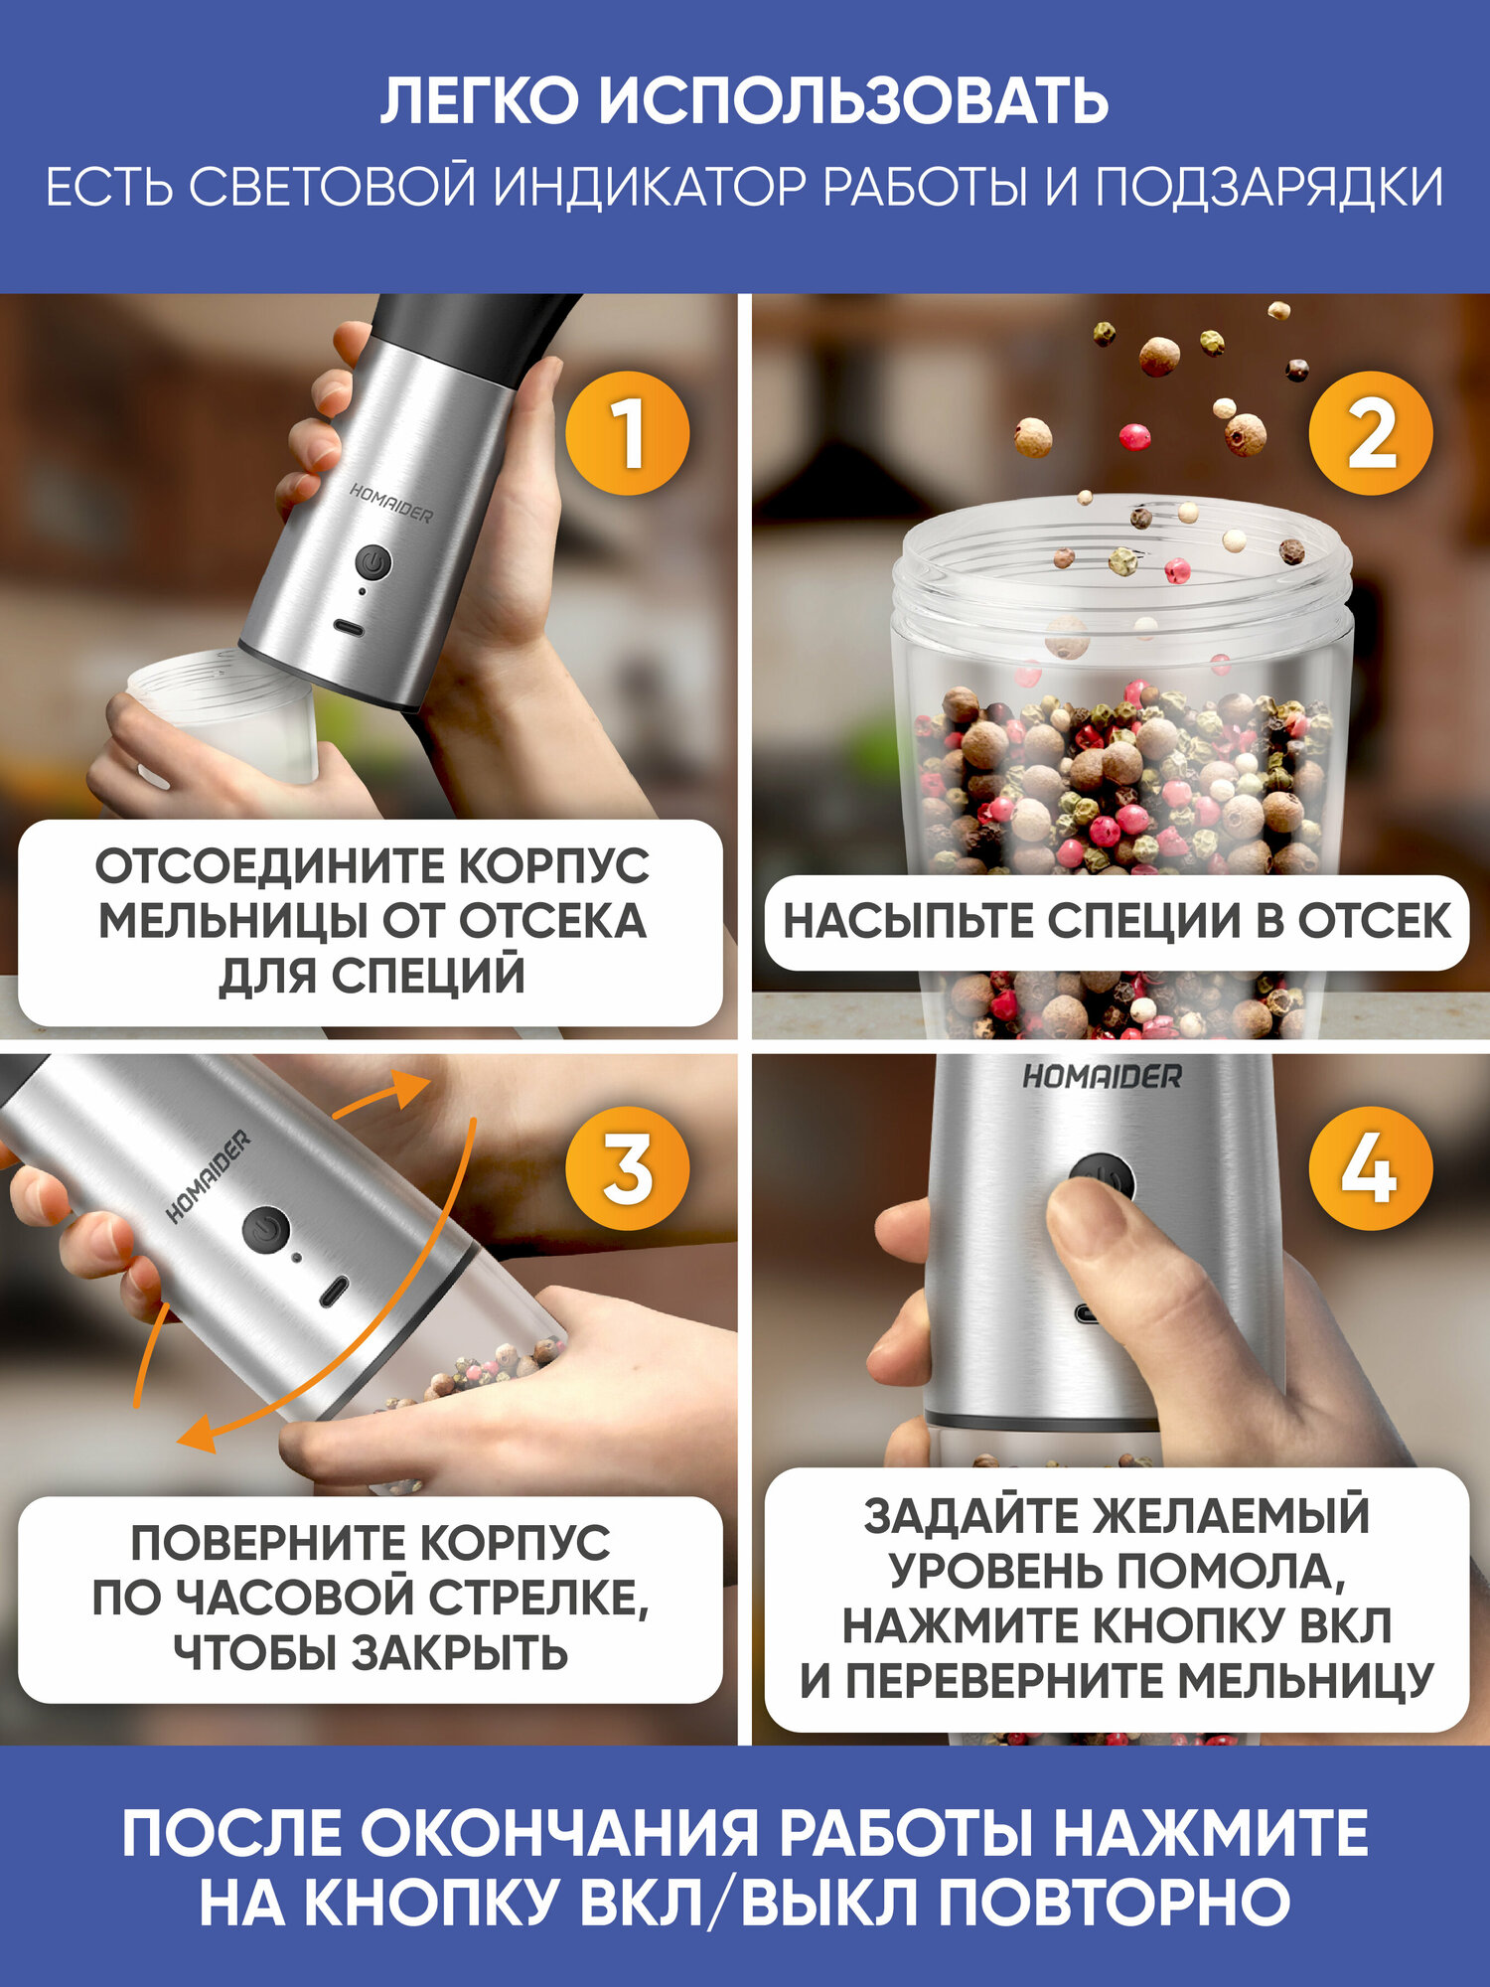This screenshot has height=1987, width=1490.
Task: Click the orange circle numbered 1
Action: point(627,433)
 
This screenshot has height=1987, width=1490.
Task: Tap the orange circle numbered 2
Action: point(1371,433)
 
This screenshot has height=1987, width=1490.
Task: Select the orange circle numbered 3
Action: point(627,1168)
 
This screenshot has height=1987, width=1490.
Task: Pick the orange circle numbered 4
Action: point(1371,1168)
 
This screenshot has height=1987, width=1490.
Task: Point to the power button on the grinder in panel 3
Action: point(265,1230)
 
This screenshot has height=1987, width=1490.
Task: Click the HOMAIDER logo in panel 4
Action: point(1103,1076)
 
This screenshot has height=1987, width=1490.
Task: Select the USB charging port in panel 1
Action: point(349,630)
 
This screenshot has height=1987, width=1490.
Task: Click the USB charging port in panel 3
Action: point(333,1291)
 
